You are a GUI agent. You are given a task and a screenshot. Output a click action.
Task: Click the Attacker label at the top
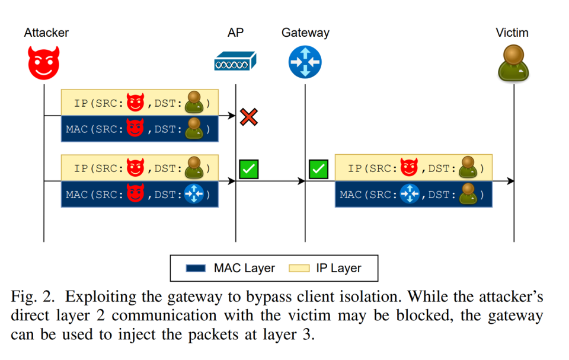(46, 33)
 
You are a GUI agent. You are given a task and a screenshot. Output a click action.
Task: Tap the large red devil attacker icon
(44, 63)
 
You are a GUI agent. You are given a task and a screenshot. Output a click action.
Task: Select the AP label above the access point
(235, 33)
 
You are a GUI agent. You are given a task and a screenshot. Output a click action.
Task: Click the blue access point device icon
(235, 61)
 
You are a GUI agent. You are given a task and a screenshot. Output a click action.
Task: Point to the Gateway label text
(305, 33)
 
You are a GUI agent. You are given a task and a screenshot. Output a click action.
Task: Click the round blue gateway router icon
(305, 62)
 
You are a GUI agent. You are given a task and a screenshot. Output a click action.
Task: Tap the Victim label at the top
(512, 33)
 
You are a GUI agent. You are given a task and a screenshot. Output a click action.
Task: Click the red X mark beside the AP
(249, 116)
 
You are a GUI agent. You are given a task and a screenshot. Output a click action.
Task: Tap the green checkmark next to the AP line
(248, 169)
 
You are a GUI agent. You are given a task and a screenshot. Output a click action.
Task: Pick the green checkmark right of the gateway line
(318, 169)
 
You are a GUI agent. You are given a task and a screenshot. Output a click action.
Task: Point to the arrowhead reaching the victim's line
(510, 181)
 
